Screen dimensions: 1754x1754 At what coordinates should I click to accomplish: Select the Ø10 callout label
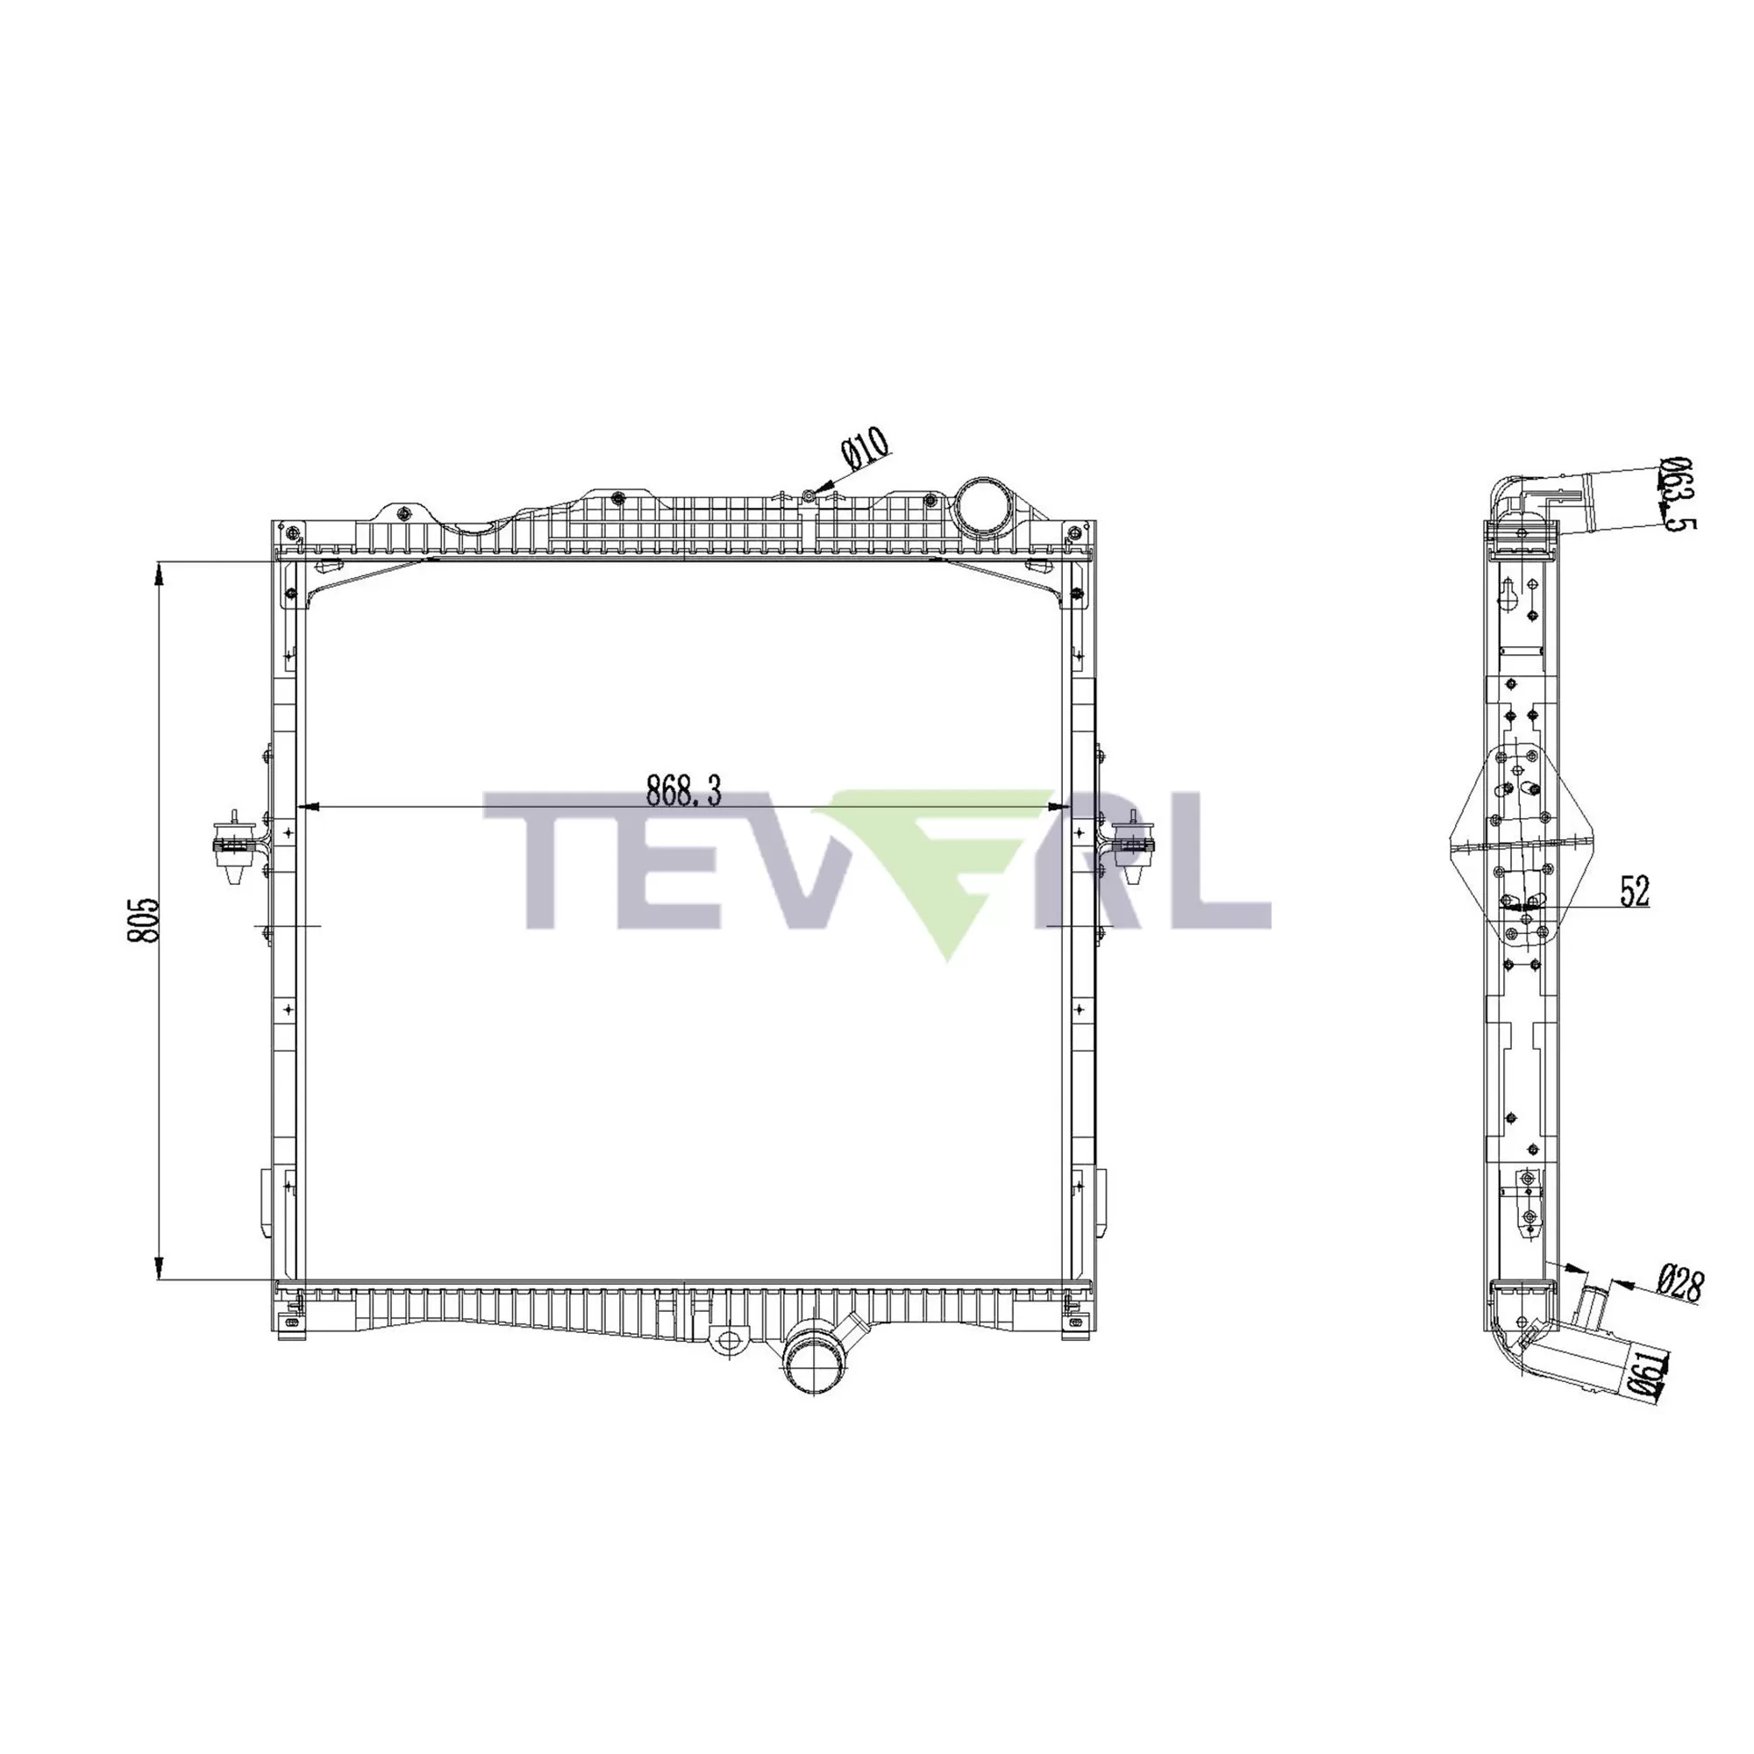[866, 448]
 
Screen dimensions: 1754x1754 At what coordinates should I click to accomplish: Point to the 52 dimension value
[1633, 892]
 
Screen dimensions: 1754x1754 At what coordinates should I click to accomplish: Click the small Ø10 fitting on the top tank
[807, 496]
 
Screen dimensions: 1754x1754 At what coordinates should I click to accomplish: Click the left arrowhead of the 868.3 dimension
[310, 806]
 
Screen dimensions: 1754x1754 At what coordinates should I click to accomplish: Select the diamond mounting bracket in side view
[1522, 845]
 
